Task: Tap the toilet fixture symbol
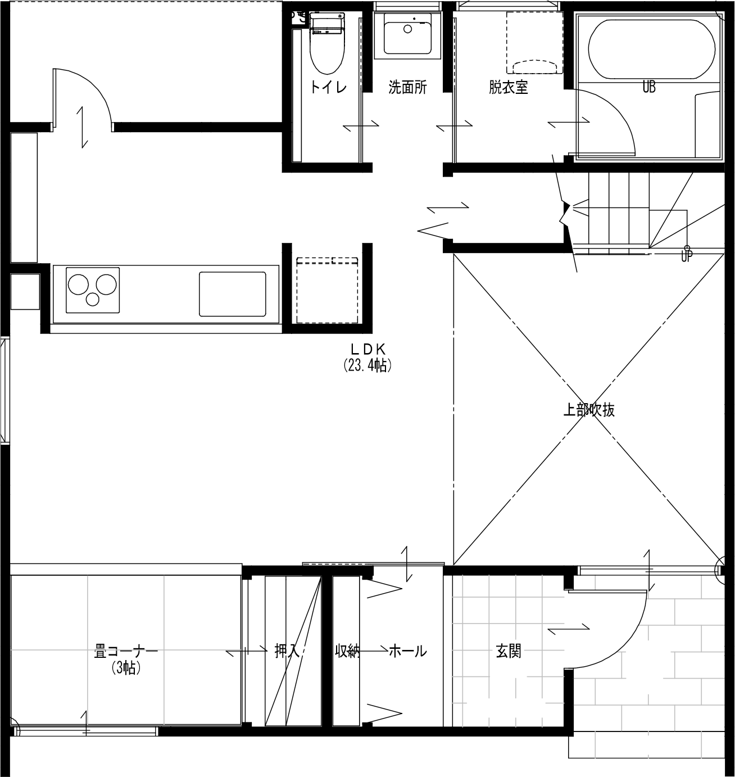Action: click(x=327, y=48)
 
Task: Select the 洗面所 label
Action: click(x=408, y=87)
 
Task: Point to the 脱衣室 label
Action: click(x=509, y=87)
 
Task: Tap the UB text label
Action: click(x=649, y=87)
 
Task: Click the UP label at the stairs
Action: click(x=687, y=256)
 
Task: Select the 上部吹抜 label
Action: click(x=589, y=410)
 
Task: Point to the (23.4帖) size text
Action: click(x=367, y=365)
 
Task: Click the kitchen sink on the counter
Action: click(x=233, y=294)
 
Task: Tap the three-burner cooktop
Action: click(x=93, y=290)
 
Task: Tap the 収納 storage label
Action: click(x=347, y=651)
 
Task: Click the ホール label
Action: click(x=408, y=651)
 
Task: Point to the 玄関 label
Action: click(x=509, y=651)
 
